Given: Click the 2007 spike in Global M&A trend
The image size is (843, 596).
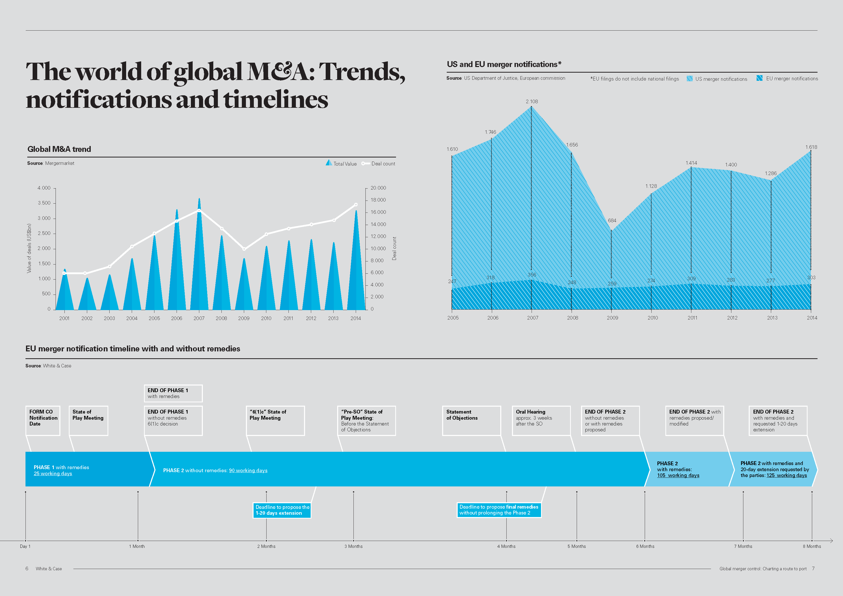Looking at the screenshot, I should coord(199,257).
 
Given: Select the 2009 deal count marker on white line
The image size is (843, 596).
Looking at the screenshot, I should coord(244,249).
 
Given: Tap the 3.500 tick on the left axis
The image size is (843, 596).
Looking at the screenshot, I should coord(44,203).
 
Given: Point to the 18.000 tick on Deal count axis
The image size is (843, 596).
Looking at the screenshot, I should coord(378,200).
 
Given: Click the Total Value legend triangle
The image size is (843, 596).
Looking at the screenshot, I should coord(328,163).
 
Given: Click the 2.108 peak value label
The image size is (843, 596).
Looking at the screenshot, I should coord(532,101).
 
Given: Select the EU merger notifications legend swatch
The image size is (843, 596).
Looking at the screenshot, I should coord(759,78).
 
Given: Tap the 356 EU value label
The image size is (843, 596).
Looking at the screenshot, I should coord(532,275).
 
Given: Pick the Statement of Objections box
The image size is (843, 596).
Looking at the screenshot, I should coord(471,420).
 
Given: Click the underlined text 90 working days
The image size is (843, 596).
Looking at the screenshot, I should coord(248,470).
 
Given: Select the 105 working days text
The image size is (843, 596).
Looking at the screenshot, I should coord(678,475).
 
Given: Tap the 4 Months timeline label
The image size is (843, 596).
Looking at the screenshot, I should coord(506,546).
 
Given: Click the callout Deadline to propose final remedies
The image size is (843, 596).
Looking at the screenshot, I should coord(499,510).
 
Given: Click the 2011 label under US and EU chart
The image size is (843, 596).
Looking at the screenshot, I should coord(692,318).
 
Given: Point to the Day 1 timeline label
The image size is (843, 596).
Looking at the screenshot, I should coord(25,546).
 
